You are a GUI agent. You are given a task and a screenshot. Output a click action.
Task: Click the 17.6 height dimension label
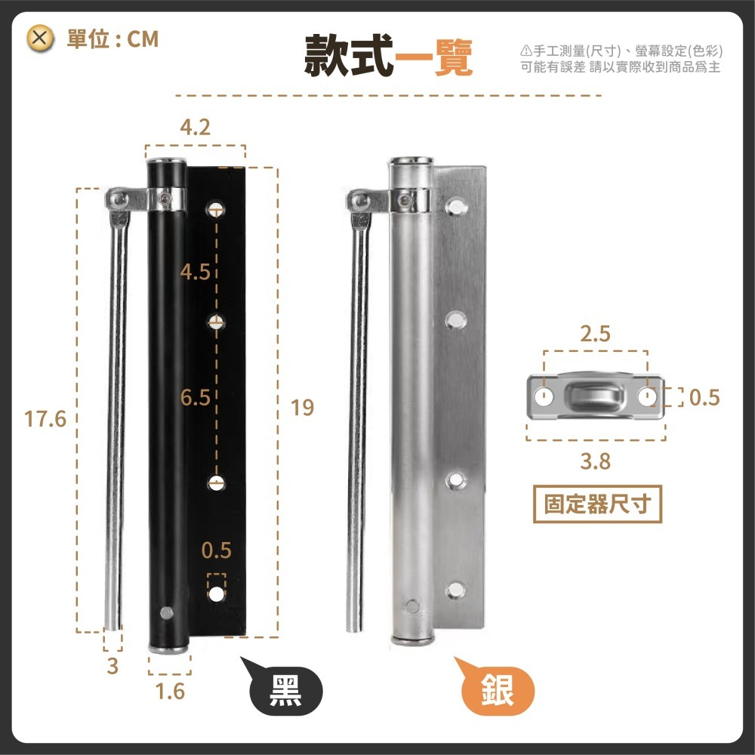(x=46, y=418)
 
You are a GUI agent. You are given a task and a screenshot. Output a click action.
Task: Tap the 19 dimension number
(x=302, y=408)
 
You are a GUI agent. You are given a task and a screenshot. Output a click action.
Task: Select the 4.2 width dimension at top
(x=196, y=128)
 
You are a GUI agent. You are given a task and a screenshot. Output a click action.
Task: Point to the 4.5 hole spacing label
(x=196, y=273)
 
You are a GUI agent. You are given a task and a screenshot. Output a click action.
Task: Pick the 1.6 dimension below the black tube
(x=169, y=691)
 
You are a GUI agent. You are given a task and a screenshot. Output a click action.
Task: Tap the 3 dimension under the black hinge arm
(x=112, y=666)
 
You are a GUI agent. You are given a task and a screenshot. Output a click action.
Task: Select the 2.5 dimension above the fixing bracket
(x=596, y=334)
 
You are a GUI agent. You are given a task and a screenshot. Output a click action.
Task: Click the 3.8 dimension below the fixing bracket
(x=596, y=461)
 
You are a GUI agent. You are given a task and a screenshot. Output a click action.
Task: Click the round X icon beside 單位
(x=41, y=38)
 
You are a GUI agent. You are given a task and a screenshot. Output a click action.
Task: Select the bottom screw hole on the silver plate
(x=455, y=591)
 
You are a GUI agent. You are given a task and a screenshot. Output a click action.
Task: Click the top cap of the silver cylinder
(x=411, y=161)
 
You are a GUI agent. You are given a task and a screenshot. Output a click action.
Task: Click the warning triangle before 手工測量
(x=526, y=51)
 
